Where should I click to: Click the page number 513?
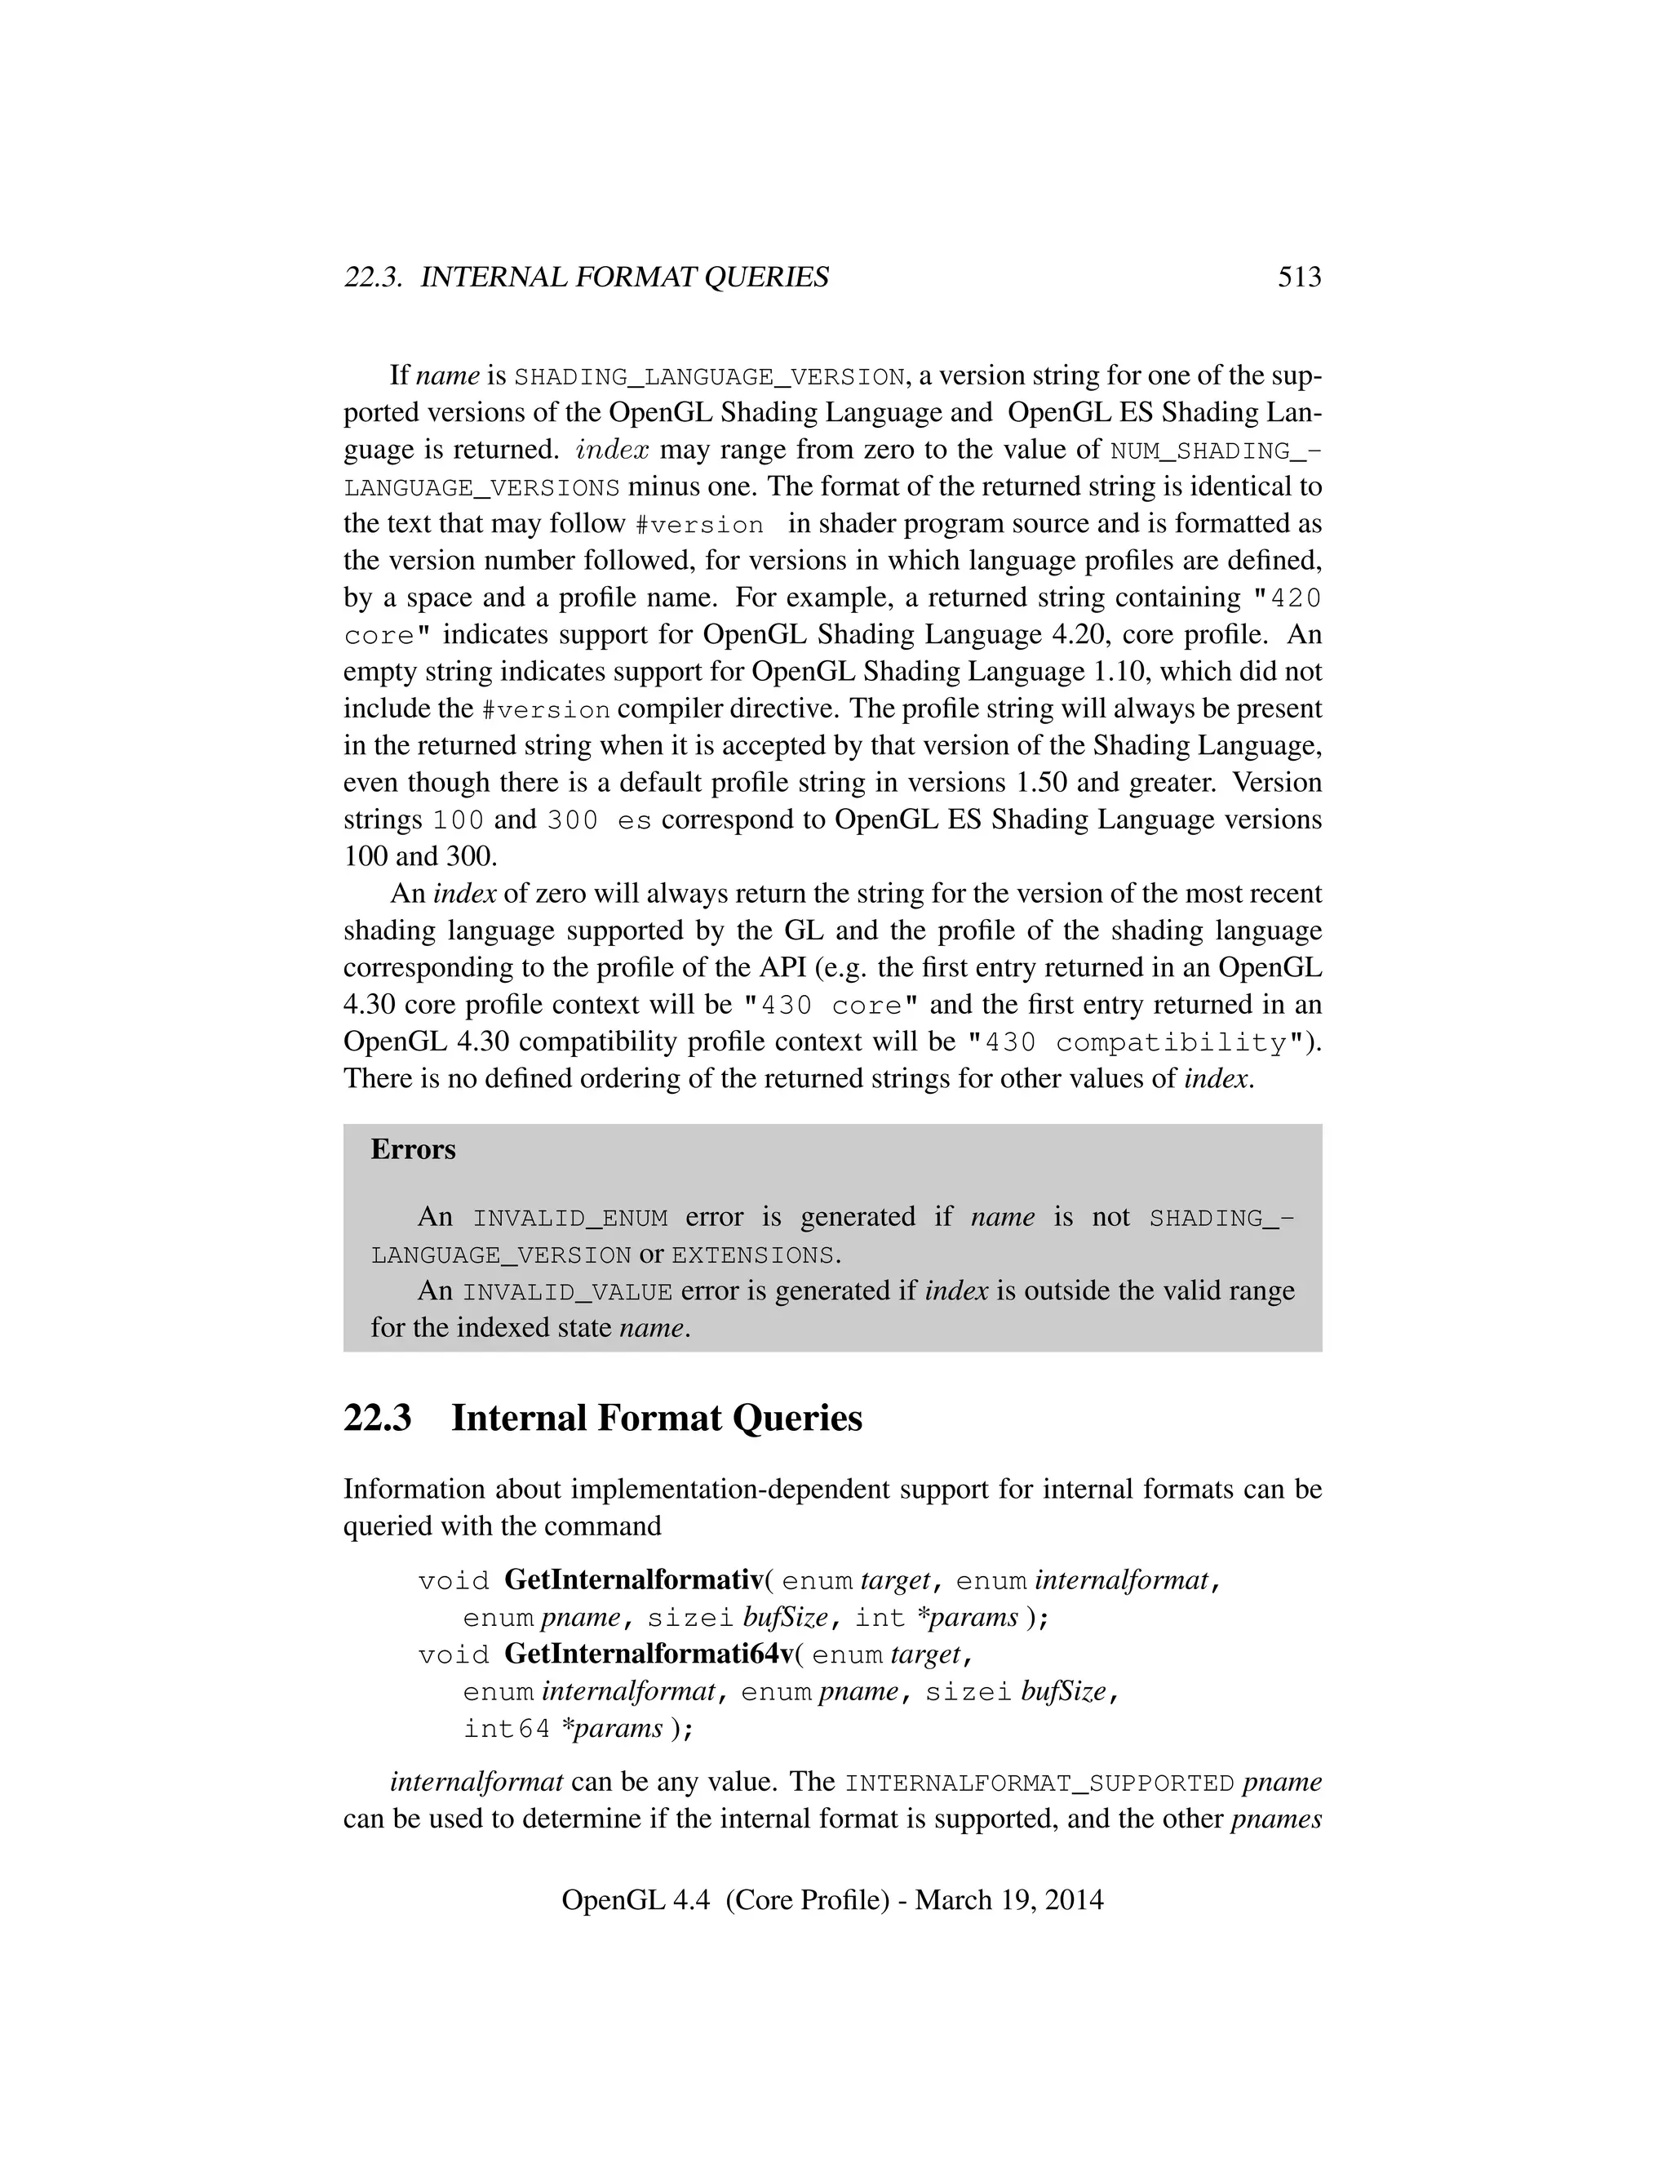(1299, 278)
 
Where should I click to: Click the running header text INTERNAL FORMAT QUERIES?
(625, 278)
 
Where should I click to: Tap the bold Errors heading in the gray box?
(413, 1149)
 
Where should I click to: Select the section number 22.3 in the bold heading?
(377, 1419)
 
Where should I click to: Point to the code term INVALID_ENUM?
(570, 1218)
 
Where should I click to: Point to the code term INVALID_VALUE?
(567, 1292)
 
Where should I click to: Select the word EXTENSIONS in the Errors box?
(752, 1256)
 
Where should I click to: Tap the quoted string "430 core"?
(831, 1006)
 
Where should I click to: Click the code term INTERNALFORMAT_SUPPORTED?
(1039, 1783)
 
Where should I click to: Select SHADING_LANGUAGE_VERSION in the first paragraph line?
(710, 377)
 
